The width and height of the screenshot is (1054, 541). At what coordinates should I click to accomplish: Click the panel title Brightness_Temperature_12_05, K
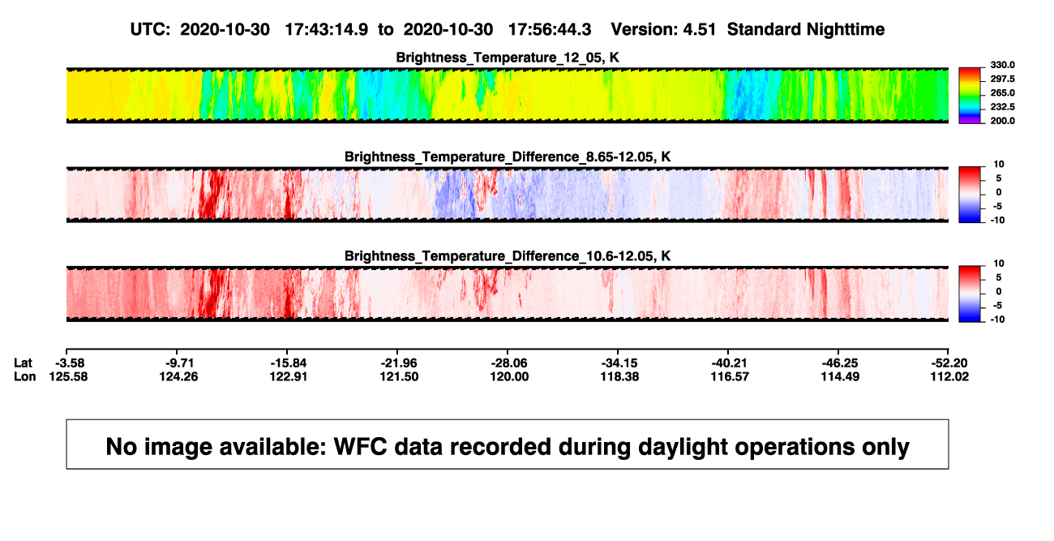508,58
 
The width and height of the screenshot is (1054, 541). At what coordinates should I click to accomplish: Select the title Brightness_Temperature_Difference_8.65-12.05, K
508,157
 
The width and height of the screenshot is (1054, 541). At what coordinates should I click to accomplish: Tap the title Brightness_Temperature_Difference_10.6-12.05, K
508,256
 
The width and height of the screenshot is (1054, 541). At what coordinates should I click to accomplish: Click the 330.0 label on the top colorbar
1002,65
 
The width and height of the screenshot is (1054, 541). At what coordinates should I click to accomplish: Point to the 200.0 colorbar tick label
1002,121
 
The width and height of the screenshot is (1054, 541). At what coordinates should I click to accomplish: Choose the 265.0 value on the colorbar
1002,92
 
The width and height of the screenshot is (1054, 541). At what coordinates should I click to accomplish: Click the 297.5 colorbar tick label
1002,79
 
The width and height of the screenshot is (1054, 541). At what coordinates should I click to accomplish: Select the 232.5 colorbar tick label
1002,107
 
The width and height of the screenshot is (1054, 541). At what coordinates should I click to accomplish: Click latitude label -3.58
70,363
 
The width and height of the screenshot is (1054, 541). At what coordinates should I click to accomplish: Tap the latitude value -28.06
509,363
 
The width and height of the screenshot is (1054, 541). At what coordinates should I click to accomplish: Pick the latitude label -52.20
949,363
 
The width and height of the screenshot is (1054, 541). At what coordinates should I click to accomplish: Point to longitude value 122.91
289,377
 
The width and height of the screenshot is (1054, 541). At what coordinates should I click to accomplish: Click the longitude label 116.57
730,377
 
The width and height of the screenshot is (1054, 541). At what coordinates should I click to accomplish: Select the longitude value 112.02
949,377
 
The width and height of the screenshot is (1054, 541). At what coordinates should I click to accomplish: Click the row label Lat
23,363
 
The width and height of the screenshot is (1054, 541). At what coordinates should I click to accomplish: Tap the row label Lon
24,377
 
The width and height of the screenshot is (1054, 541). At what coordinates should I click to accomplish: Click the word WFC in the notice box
360,447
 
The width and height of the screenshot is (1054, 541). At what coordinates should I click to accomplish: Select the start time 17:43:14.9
327,30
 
